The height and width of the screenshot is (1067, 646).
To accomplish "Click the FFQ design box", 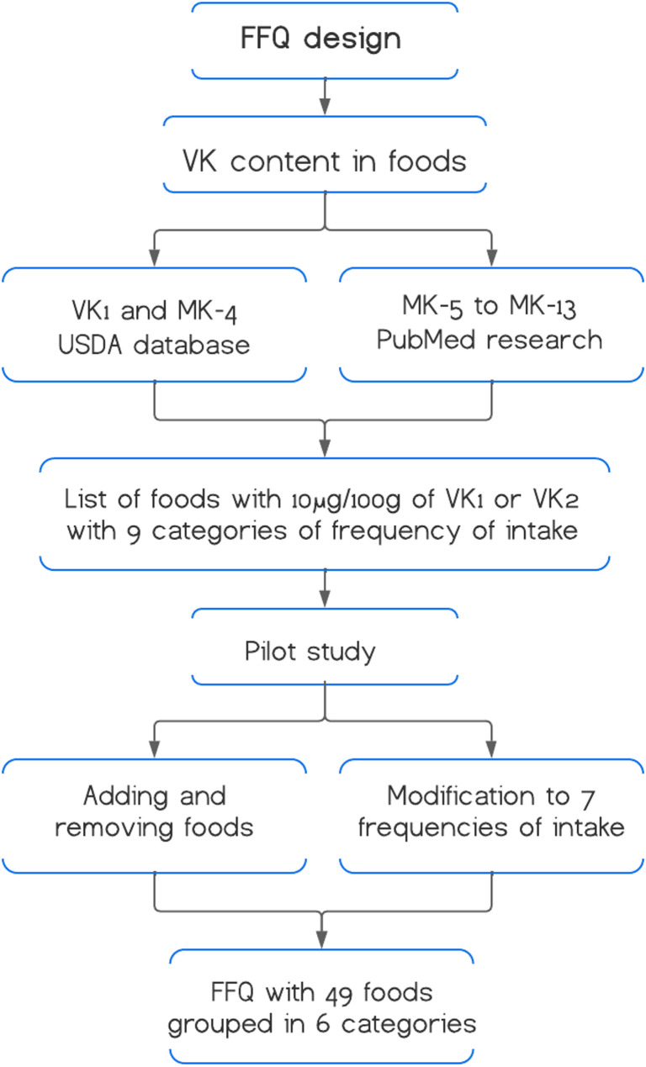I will click(x=325, y=40).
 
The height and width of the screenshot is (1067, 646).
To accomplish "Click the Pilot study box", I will click(x=325, y=651).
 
